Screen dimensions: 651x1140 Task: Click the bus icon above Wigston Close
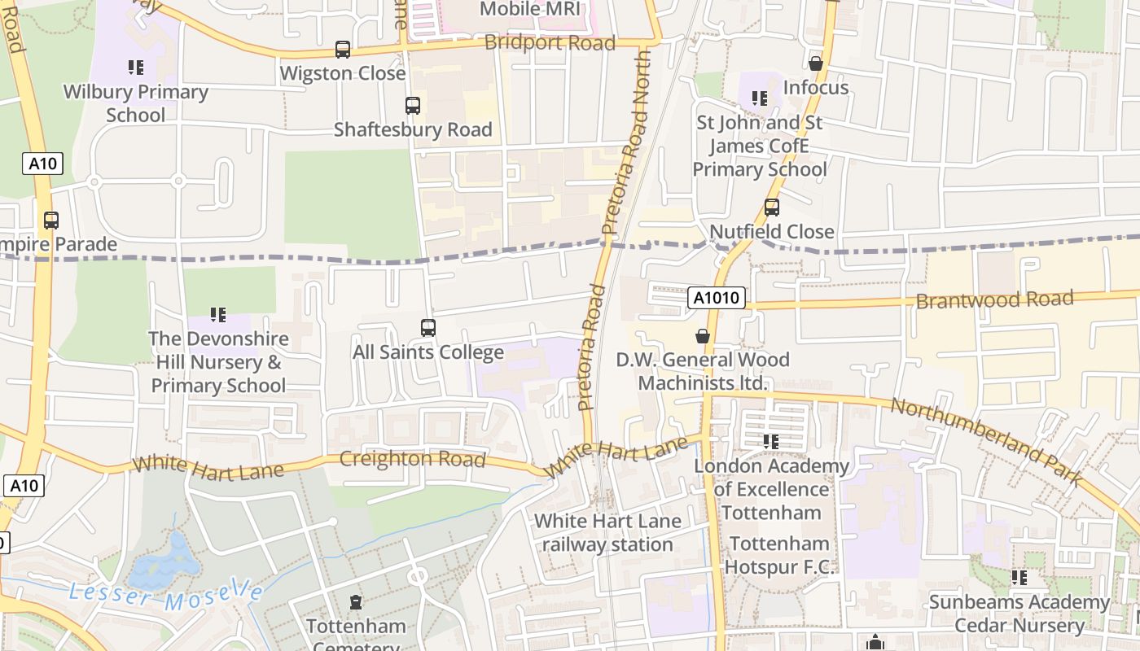click(x=343, y=50)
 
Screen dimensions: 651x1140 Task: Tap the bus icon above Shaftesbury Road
click(x=413, y=106)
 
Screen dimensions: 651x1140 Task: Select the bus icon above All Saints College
click(x=428, y=328)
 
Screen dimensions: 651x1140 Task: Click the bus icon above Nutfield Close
click(x=771, y=208)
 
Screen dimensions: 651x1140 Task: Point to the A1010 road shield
click(x=717, y=298)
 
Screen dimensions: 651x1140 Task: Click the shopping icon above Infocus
click(x=816, y=63)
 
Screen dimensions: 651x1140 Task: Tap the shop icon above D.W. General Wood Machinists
click(x=703, y=335)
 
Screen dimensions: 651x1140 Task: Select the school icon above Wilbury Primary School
click(x=136, y=68)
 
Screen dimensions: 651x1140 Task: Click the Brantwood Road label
click(x=994, y=299)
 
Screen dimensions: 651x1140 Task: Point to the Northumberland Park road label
click(x=986, y=442)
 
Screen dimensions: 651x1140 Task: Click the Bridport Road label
click(x=550, y=42)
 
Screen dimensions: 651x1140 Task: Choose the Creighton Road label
click(x=412, y=458)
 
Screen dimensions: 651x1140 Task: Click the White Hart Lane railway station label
click(x=607, y=533)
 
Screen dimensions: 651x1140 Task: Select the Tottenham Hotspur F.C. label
click(x=780, y=555)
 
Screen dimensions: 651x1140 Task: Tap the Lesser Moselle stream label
click(x=166, y=596)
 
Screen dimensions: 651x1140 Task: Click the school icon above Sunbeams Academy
click(x=1019, y=578)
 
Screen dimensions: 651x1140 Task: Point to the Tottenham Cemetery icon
click(x=356, y=603)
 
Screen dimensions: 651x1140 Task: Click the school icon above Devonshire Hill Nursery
click(x=217, y=314)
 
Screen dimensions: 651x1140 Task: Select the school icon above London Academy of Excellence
click(x=770, y=442)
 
